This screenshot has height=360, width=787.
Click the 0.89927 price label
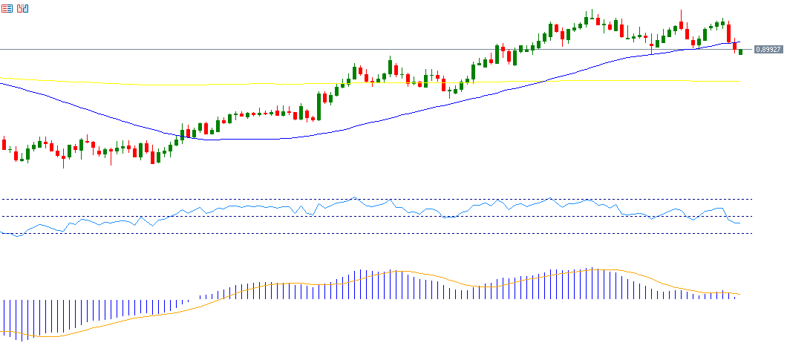768,50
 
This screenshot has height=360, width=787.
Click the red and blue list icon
7,9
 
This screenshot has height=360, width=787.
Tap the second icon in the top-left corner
23,9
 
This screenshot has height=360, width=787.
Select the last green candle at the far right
740,51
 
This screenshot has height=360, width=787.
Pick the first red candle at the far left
4,143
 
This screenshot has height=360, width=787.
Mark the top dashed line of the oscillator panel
371,199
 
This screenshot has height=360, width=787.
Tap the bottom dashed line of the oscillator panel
371,233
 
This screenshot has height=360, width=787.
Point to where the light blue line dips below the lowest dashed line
16,235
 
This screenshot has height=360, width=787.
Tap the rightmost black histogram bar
734,296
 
